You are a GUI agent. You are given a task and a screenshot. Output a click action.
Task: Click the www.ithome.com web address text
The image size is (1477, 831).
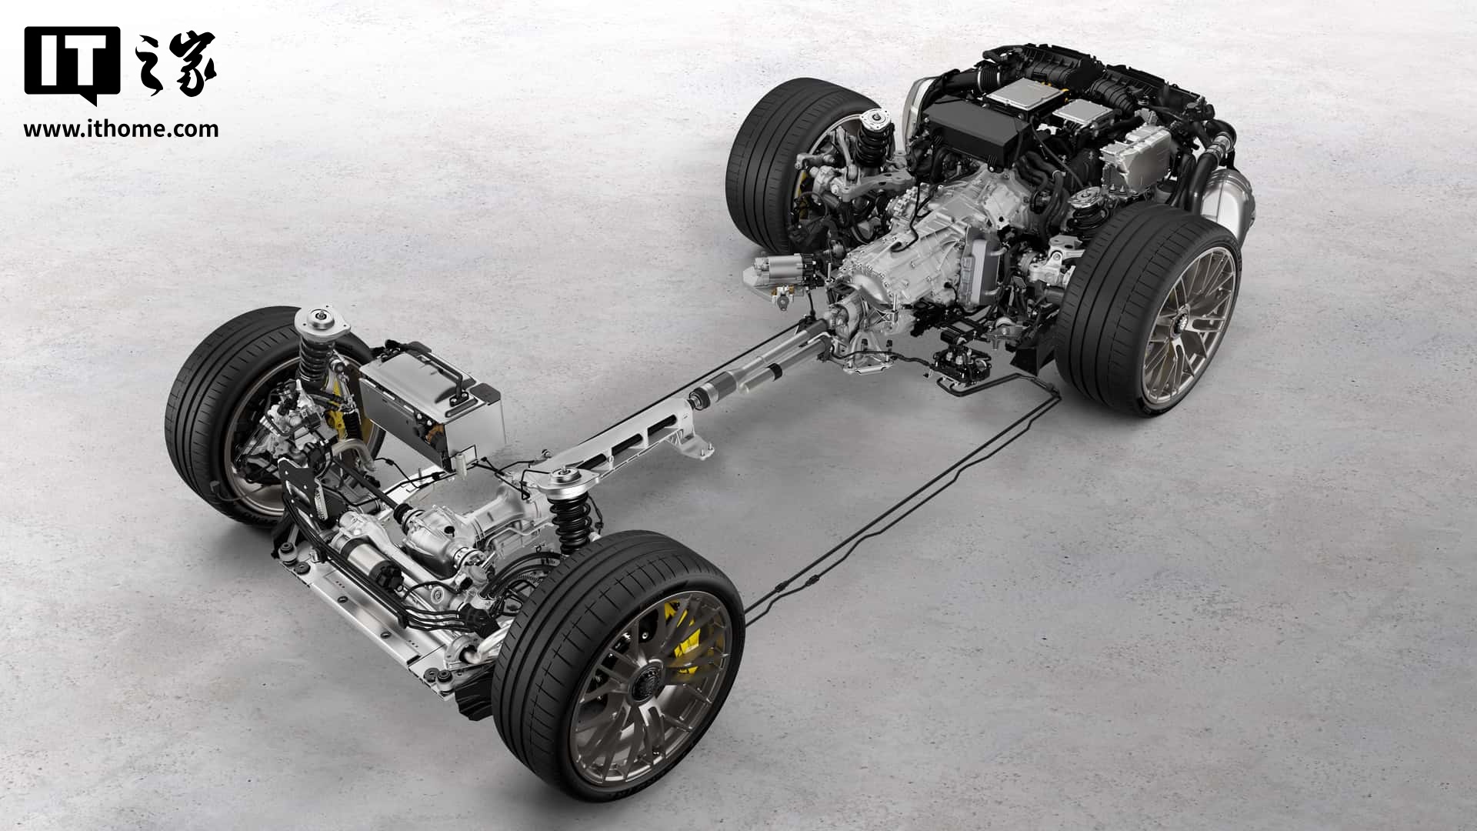[x=121, y=128]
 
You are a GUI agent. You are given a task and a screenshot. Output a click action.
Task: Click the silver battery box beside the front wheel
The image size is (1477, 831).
[x=431, y=408]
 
